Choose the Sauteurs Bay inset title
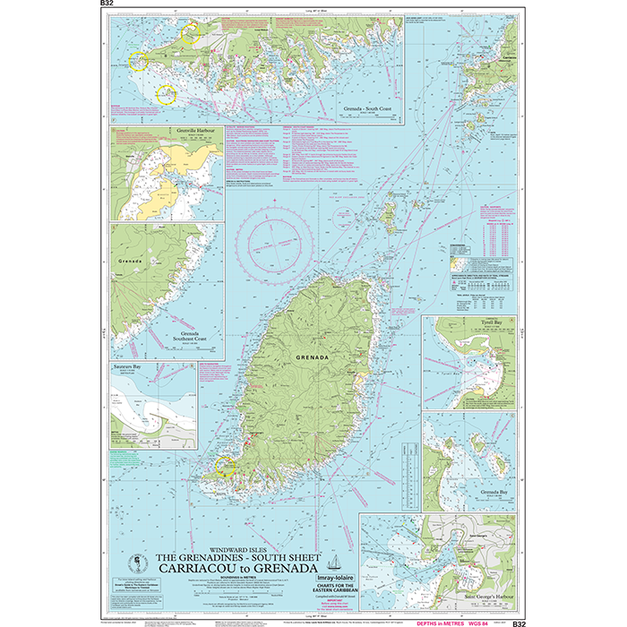(131, 367)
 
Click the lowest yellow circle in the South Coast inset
(167, 93)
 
